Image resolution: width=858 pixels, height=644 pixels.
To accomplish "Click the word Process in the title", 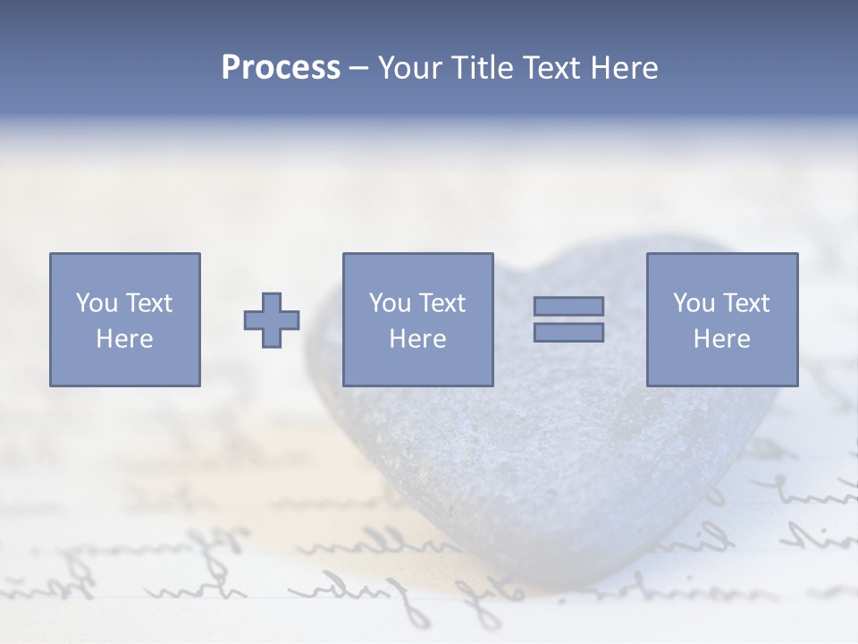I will (281, 68).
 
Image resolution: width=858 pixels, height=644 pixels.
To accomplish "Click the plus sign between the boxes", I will (272, 320).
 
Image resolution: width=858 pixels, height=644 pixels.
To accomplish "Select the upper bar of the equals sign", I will (568, 306).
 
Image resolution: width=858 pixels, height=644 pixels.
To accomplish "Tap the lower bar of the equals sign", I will (568, 333).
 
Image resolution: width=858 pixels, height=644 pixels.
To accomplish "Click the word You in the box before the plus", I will (97, 303).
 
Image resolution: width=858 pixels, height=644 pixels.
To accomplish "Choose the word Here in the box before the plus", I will (124, 339).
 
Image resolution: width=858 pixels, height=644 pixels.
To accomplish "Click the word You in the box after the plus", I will (390, 303).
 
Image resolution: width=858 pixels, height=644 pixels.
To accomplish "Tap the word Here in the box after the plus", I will (417, 339).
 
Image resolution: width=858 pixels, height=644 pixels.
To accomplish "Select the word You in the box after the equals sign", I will (694, 303).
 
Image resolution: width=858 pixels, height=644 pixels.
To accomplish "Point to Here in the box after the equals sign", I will (721, 339).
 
